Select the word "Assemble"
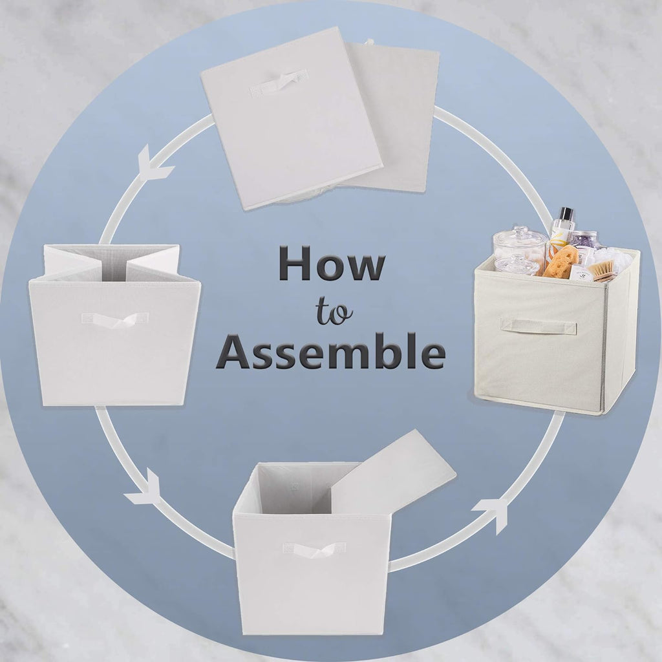331,351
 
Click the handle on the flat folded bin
278,83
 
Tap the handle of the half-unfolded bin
115,320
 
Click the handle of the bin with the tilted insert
314,550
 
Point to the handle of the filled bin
539,326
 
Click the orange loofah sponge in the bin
561,262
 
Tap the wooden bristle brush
601,271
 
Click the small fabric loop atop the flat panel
370,41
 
